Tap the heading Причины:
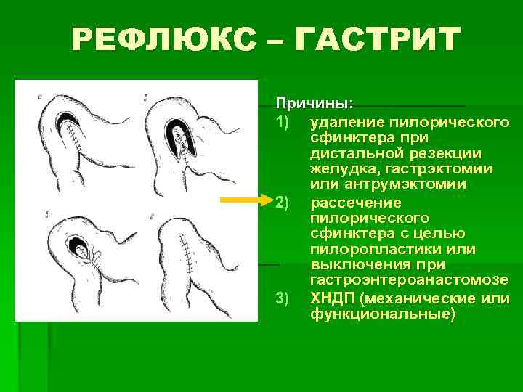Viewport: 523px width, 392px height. (x=305, y=104)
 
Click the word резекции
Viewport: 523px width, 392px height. (x=442, y=152)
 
